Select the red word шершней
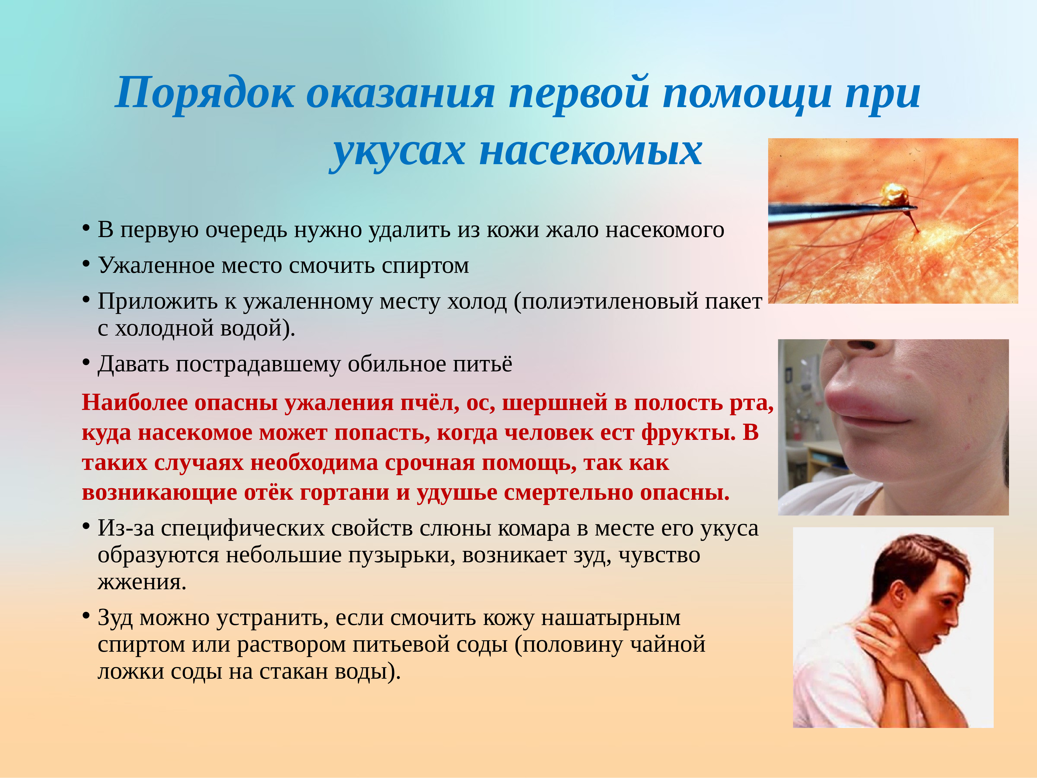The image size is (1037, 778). click(555, 403)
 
